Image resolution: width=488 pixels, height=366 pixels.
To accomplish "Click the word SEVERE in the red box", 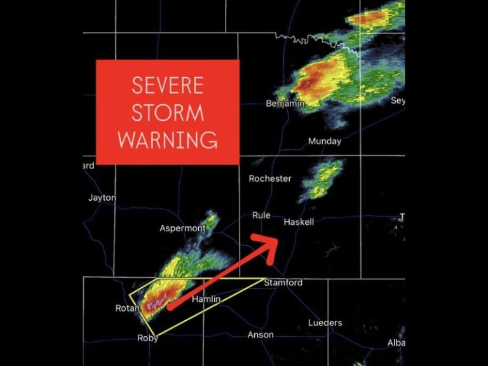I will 168,85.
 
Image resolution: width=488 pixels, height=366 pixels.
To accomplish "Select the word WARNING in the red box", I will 168,139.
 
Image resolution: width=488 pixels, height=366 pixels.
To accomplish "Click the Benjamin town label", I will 285,103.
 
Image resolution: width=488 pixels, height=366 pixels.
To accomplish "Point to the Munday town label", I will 325,141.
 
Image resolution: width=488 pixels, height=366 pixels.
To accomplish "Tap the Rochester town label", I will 270,179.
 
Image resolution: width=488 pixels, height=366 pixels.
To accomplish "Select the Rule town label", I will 261,215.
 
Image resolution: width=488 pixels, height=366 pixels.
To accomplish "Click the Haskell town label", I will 299,222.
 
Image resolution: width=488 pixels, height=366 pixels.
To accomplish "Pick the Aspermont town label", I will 182,228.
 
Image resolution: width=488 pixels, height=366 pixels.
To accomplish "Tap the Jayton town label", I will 102,198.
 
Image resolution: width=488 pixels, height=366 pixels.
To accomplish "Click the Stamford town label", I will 283,283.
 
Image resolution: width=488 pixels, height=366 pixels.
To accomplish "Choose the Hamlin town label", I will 206,299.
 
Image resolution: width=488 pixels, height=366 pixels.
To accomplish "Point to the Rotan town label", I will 127,308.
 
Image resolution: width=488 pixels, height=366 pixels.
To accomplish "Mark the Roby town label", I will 148,338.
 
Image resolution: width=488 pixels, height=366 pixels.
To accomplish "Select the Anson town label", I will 261,335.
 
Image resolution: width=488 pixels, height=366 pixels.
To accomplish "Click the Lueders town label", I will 325,323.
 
